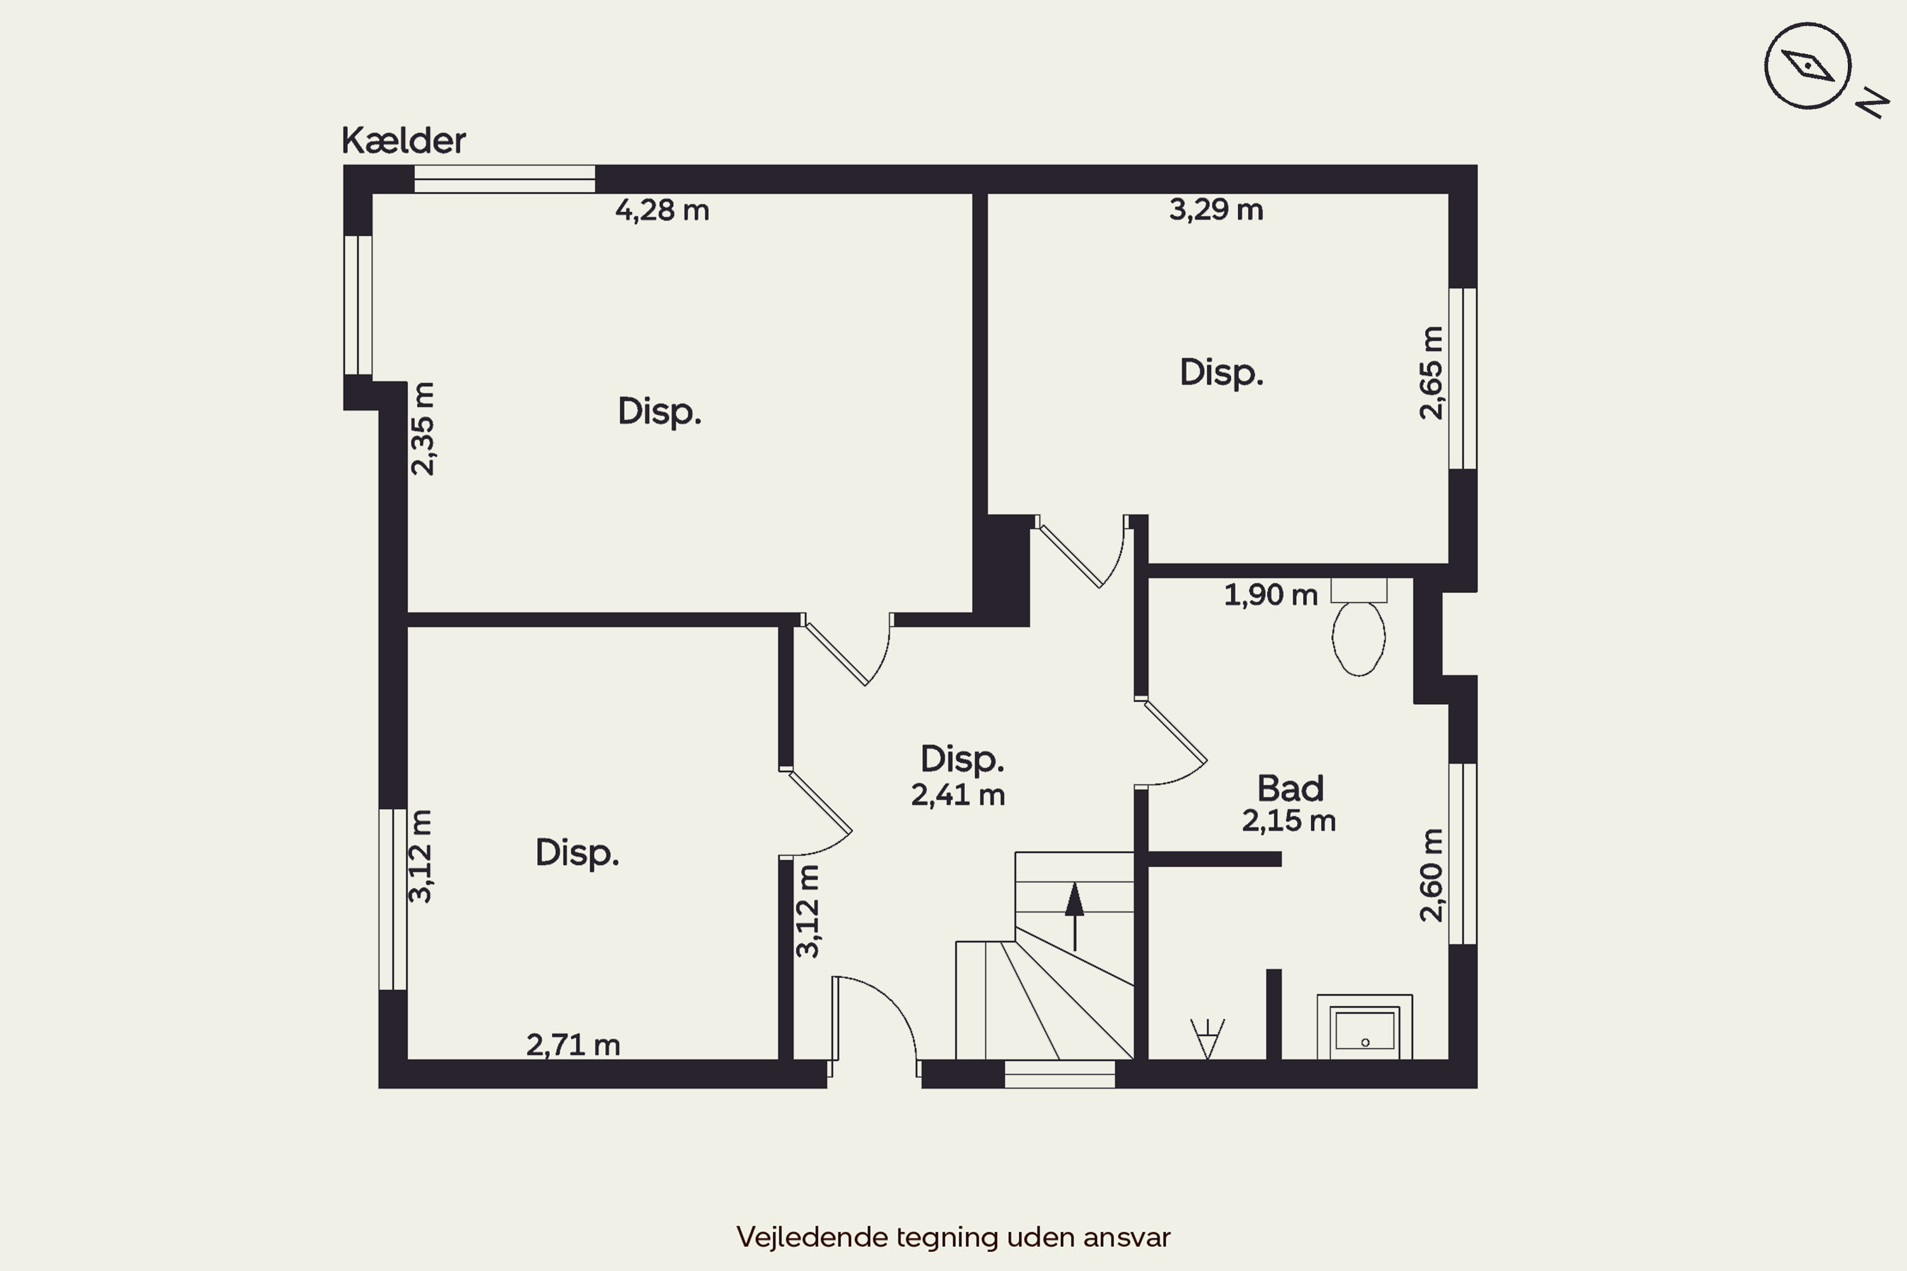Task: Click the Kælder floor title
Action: point(403,140)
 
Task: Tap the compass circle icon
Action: point(1807,65)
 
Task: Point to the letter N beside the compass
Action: point(1872,103)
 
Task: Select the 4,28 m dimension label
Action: point(662,210)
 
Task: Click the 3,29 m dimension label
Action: point(1215,209)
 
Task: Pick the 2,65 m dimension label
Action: point(1431,373)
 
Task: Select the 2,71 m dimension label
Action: point(573,1045)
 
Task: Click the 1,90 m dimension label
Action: point(1271,595)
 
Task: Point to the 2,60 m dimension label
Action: point(1431,876)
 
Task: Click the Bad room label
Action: point(1290,788)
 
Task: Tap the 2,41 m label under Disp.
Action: point(957,795)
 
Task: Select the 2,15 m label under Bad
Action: point(1288,821)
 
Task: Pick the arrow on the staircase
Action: point(1074,916)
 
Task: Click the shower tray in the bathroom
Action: point(1365,1027)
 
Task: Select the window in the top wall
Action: point(504,179)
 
